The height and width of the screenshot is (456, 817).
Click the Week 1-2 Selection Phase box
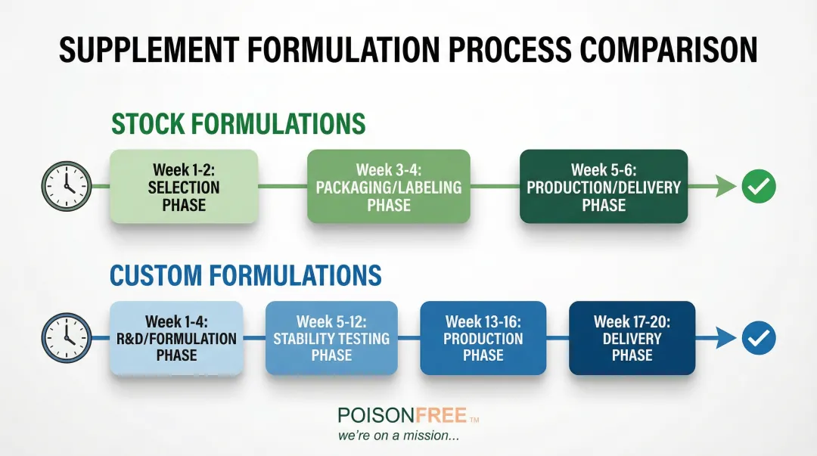[x=184, y=187]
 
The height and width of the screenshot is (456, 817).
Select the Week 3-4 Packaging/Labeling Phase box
[x=389, y=187]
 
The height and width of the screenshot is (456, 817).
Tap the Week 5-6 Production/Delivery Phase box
[x=604, y=187]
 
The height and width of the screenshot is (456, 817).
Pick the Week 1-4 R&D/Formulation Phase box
[x=176, y=338]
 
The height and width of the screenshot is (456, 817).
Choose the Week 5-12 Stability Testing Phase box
[x=331, y=338]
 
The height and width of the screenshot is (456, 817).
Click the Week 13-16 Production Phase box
[x=483, y=338]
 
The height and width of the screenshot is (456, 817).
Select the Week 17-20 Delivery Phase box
[x=632, y=338]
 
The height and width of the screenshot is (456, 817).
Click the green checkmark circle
[x=759, y=187]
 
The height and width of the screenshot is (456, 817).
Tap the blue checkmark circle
[x=759, y=338]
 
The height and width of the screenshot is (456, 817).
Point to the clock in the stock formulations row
[x=67, y=186]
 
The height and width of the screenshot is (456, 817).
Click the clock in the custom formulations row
[x=67, y=338]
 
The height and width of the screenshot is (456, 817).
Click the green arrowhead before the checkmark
[x=725, y=187]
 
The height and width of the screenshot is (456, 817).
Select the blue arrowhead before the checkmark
[x=725, y=338]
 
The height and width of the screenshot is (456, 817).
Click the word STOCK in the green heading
[x=148, y=124]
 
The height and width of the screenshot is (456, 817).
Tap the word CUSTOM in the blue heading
[x=156, y=276]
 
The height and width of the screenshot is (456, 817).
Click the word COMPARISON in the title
[x=669, y=50]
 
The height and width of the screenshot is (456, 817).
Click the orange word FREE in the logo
[x=441, y=415]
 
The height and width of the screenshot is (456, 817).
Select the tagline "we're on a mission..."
[x=399, y=436]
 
